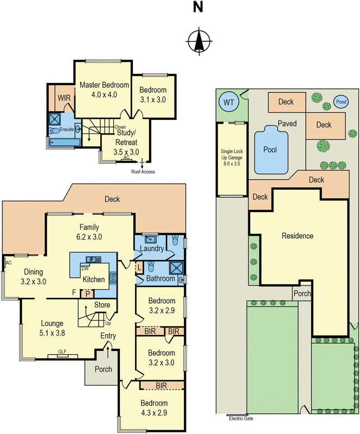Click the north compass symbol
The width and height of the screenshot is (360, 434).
pos(199,41)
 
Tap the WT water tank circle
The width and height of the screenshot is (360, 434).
pos(227,101)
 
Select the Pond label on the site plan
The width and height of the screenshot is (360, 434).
pos(341,101)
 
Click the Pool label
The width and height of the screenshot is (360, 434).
pos(269,149)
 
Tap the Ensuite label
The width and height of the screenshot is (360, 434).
pos(67,130)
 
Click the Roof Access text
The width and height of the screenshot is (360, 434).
pos(143,171)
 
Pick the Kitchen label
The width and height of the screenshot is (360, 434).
pos(93,279)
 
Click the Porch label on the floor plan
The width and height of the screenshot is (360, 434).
pos(103,369)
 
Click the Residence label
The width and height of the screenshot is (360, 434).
pos(297,236)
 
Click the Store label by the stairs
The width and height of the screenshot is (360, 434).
pos(102,305)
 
